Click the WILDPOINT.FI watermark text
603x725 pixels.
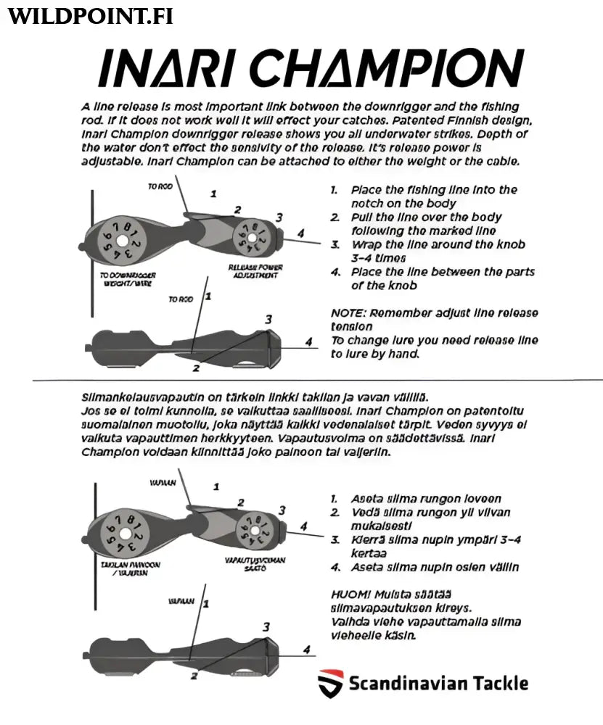[x=90, y=17]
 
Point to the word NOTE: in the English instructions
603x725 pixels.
[x=348, y=313]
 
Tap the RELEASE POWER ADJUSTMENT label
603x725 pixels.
[x=255, y=271]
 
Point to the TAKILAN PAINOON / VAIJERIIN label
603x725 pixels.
[x=130, y=568]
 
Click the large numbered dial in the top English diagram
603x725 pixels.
[x=122, y=240]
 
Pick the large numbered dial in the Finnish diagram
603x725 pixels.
[x=122, y=532]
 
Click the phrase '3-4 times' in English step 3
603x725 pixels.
[x=378, y=258]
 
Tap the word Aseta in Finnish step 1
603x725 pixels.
[x=368, y=499]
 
